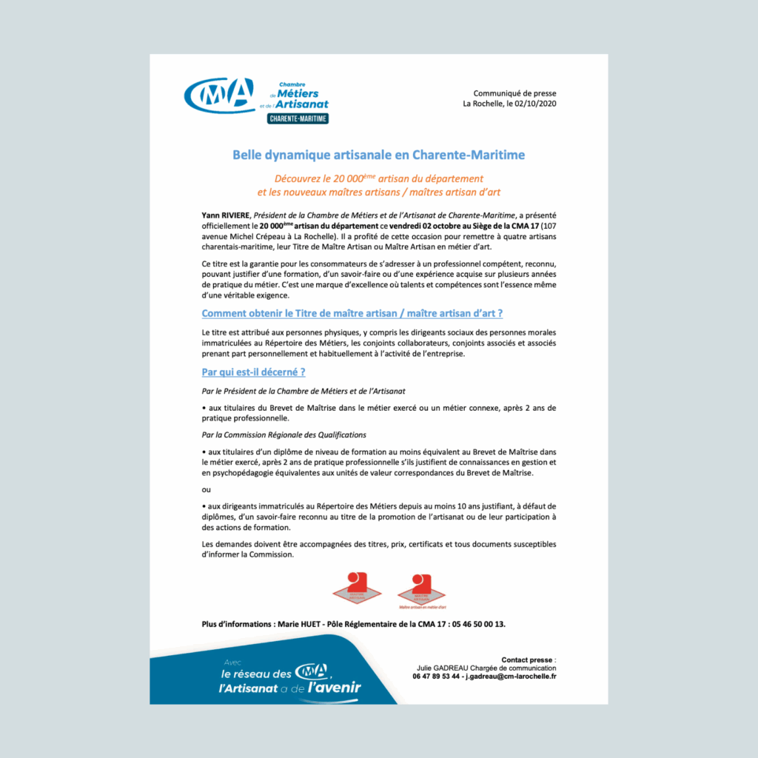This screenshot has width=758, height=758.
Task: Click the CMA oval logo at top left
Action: pyautogui.click(x=219, y=95)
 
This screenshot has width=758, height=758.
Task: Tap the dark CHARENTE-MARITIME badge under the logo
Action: pyautogui.click(x=299, y=118)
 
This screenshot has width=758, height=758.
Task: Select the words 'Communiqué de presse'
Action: pyautogui.click(x=514, y=93)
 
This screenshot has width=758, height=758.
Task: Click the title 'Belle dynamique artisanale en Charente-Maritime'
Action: pyautogui.click(x=378, y=155)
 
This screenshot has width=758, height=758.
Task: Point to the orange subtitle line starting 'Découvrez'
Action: pyautogui.click(x=378, y=178)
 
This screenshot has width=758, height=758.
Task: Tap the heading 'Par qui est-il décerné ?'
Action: pyautogui.click(x=253, y=372)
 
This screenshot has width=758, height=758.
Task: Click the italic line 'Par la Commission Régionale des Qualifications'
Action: pyautogui.click(x=284, y=435)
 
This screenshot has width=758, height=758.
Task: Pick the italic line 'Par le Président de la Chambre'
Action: pyautogui.click(x=303, y=391)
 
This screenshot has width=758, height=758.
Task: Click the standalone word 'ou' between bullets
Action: pyautogui.click(x=206, y=489)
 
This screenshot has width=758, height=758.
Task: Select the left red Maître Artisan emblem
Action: pyautogui.click(x=357, y=585)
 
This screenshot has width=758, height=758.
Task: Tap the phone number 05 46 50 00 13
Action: pyautogui.click(x=479, y=624)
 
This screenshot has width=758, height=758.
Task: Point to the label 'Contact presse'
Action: pyautogui.click(x=528, y=660)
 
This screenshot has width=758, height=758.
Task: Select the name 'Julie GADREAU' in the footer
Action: pyautogui.click(x=441, y=668)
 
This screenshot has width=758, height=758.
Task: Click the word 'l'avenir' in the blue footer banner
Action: pyautogui.click(x=335, y=688)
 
